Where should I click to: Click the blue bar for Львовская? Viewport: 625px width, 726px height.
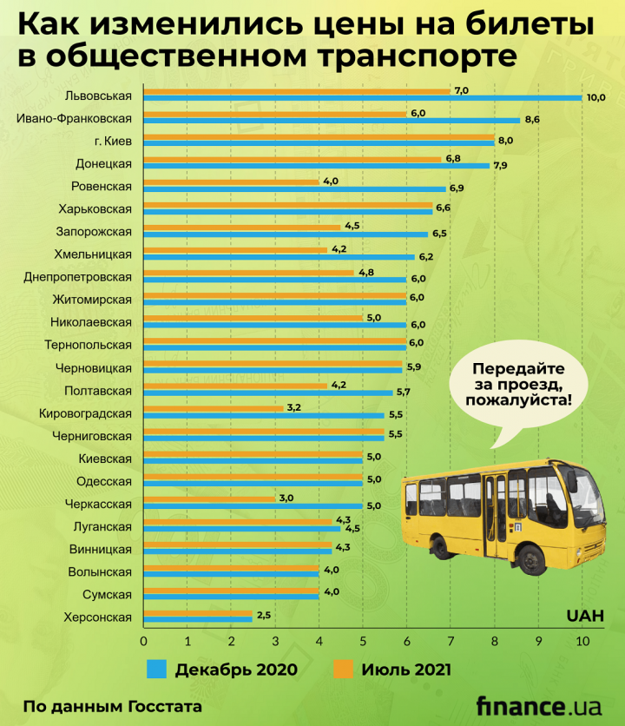point(362,97)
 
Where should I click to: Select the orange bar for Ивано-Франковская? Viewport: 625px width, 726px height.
point(274,114)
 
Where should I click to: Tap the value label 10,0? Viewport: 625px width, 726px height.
point(595,97)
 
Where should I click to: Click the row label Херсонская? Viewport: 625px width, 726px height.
point(98,617)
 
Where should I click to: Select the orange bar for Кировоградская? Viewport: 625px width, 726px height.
point(214,407)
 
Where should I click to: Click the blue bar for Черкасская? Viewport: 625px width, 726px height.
point(253,505)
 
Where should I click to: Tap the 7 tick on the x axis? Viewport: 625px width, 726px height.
point(451,641)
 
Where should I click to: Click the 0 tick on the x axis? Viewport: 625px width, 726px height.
point(143,641)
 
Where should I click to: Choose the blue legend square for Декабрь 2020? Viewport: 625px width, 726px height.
point(156,670)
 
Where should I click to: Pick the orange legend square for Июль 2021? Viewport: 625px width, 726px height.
point(344,670)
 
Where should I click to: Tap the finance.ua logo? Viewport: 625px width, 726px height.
point(537,704)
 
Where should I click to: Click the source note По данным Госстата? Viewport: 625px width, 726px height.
point(113,706)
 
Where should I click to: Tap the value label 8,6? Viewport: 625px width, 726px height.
point(533,119)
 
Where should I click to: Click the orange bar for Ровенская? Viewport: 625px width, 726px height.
point(231,182)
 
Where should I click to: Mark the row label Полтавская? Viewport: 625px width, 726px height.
point(98,391)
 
